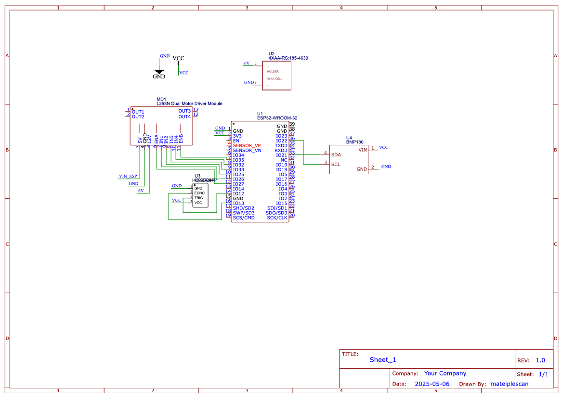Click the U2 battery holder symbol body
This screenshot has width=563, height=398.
click(x=276, y=75)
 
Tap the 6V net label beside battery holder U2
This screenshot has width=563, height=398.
click(x=247, y=63)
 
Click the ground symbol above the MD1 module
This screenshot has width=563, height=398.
click(x=159, y=71)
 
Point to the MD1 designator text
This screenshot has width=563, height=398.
click(x=161, y=99)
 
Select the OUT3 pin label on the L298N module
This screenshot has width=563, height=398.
click(x=184, y=111)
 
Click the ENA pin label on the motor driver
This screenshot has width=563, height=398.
click(x=156, y=139)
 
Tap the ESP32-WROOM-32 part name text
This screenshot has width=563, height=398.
click(x=277, y=118)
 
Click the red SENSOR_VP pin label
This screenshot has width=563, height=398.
click(x=247, y=145)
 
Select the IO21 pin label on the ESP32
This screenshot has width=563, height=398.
click(x=281, y=155)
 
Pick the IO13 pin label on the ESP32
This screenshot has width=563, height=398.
click(x=238, y=203)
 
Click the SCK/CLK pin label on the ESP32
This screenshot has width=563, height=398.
click(x=277, y=218)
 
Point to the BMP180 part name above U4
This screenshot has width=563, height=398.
click(x=354, y=142)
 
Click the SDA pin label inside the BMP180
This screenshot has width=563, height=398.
click(x=336, y=155)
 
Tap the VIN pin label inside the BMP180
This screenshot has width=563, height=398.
click(x=363, y=150)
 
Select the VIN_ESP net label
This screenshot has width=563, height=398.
click(x=128, y=176)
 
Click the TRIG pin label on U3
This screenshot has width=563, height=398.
click(x=199, y=198)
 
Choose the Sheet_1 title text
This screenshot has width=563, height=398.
click(x=383, y=359)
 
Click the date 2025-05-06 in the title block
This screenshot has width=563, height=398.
click(x=432, y=384)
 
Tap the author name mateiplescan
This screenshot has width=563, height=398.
click(x=509, y=384)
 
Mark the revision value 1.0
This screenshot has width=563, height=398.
click(x=540, y=360)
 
